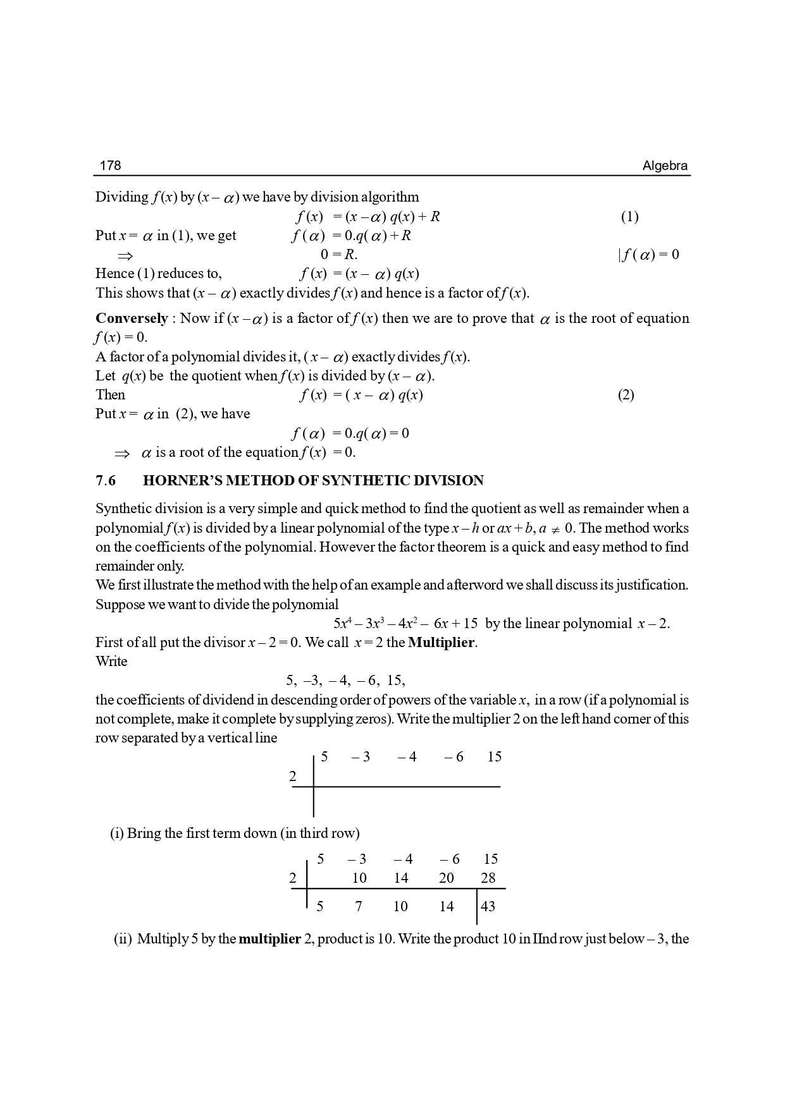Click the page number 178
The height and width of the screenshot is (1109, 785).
(110, 166)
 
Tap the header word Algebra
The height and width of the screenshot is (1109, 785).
(665, 166)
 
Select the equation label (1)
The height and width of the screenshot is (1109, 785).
(629, 217)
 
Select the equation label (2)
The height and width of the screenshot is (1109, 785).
(626, 395)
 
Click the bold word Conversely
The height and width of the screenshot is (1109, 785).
(132, 318)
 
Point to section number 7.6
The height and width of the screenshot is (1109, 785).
(106, 481)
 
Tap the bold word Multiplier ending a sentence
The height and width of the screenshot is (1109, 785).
(441, 643)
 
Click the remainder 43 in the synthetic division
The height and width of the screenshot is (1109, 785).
(488, 906)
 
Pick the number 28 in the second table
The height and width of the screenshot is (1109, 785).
(488, 878)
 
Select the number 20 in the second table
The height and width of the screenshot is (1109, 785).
(447, 878)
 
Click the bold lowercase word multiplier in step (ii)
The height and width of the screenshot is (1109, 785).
(269, 938)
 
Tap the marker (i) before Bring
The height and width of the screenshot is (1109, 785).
(117, 833)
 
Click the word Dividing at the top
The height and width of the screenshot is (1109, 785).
(121, 197)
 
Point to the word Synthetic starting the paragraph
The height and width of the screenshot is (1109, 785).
(125, 509)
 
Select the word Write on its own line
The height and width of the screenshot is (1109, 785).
(111, 662)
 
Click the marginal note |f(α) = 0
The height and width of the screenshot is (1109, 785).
(648, 255)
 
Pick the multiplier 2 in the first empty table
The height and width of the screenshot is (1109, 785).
(292, 777)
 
